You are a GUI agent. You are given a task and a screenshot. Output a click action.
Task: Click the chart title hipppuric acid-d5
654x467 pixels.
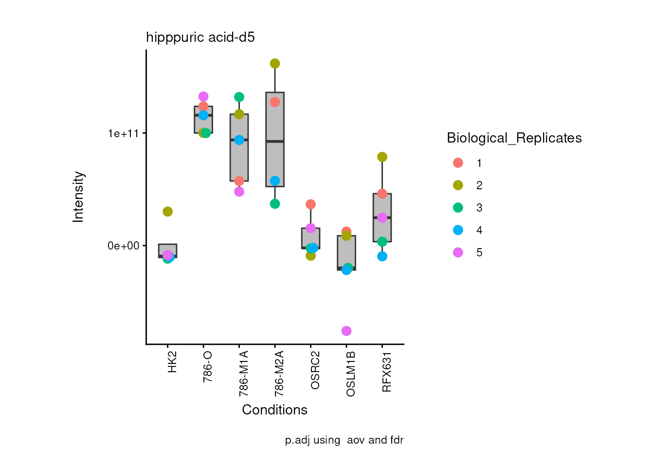tap(200, 37)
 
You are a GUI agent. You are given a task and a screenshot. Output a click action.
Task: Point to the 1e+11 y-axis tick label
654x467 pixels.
tap(123, 133)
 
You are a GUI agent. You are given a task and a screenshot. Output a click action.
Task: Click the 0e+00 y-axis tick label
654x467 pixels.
tap(123, 246)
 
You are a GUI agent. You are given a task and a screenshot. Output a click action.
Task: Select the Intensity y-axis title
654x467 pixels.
tap(78, 197)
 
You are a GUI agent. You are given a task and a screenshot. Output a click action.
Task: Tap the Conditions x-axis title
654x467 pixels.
tap(274, 410)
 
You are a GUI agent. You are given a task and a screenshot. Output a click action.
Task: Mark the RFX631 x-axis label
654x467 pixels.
tap(387, 372)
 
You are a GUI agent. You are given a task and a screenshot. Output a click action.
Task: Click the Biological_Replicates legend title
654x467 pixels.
tap(514, 138)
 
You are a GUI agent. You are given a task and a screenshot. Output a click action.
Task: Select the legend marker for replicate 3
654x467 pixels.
tap(458, 208)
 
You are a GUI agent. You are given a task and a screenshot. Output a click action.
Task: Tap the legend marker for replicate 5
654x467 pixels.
tap(458, 252)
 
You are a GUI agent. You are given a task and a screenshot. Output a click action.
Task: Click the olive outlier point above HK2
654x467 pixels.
tap(168, 212)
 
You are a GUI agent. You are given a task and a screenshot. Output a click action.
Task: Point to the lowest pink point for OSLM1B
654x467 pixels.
tap(346, 331)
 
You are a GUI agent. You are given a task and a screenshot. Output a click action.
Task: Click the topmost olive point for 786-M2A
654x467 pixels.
tap(275, 64)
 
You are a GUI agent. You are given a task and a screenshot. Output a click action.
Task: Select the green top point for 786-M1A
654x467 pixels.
tap(239, 97)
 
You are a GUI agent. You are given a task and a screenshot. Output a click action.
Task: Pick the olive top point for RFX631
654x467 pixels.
tap(382, 157)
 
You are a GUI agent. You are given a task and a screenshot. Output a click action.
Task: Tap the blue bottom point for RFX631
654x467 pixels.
tap(382, 256)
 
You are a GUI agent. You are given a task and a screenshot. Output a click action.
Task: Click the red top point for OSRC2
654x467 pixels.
tap(310, 204)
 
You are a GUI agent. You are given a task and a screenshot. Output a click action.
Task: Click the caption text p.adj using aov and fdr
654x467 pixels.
tap(344, 440)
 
